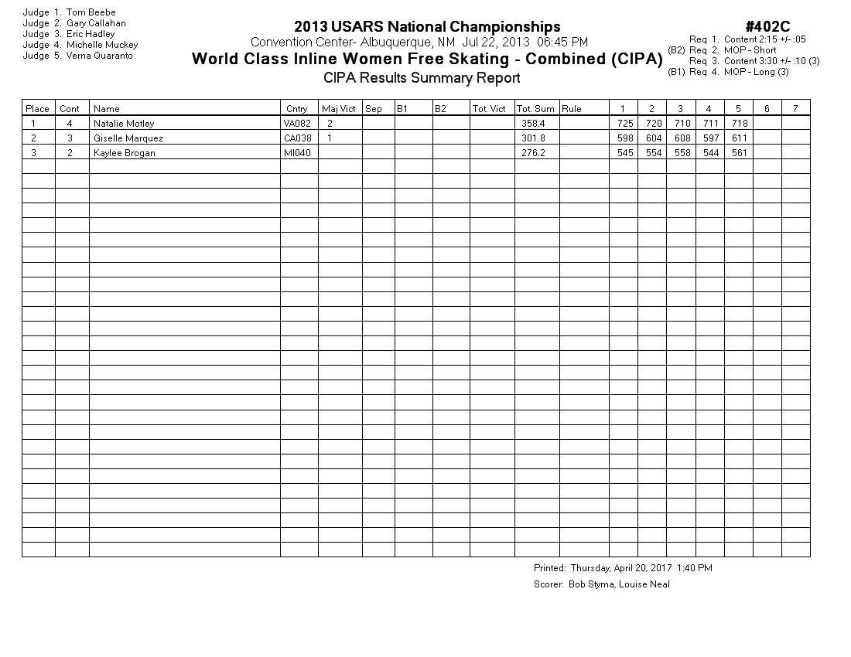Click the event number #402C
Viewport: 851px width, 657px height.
pos(767,28)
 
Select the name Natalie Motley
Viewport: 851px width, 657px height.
pos(124,124)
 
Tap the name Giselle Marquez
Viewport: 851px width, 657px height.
pos(128,138)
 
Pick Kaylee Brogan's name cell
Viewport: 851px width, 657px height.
pos(124,153)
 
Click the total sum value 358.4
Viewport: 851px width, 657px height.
pos(533,124)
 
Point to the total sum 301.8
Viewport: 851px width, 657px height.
pos(533,138)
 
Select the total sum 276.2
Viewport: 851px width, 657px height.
pos(533,153)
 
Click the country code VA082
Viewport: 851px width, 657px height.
pos(298,124)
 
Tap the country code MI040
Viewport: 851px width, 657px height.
pos(296,153)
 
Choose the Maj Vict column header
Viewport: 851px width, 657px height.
pos(339,109)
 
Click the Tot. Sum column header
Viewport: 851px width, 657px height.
pos(535,109)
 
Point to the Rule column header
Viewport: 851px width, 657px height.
pos(572,109)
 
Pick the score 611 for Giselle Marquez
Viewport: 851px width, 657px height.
pos(738,138)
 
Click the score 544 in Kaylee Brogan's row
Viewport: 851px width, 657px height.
pos(709,153)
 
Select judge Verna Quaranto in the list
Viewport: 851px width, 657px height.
pos(99,56)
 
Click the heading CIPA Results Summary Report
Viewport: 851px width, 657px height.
pos(422,77)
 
